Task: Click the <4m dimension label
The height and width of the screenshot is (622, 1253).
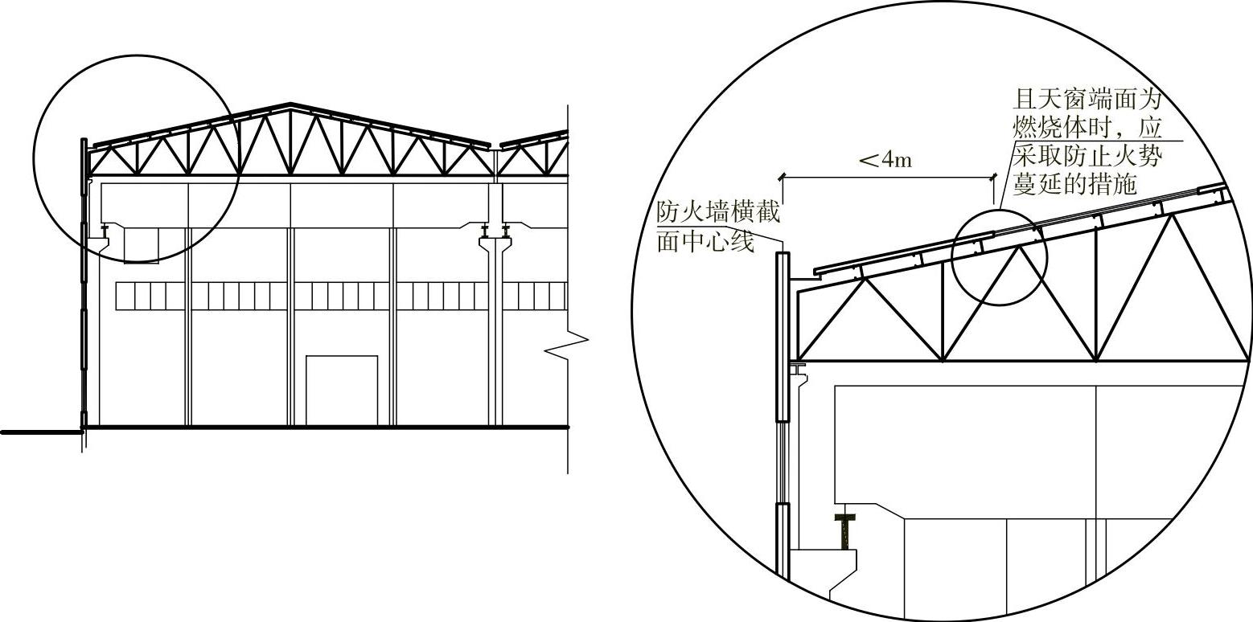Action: [885, 160]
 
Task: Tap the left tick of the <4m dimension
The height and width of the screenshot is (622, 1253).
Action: [781, 175]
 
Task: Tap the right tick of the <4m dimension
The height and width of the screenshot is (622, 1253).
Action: [994, 175]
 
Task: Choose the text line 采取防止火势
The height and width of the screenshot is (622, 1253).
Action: [1087, 156]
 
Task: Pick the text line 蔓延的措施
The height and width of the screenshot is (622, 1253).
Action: [1074, 184]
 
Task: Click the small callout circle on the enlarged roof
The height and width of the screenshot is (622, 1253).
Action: [1000, 257]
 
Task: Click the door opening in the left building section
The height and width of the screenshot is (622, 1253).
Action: [342, 390]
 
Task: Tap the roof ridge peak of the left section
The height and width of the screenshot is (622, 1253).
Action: [290, 104]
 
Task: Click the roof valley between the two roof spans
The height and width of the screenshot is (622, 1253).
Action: [495, 147]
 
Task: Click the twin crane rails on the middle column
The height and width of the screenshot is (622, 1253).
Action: [495, 231]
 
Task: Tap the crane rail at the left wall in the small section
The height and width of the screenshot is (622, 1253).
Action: [105, 231]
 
